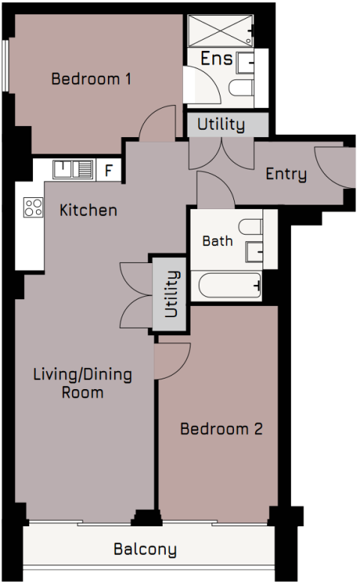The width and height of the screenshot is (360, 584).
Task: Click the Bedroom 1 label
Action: pos(91,78)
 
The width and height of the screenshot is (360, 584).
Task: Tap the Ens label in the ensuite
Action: pos(217,58)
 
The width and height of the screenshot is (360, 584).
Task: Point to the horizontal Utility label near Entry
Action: pos(220,124)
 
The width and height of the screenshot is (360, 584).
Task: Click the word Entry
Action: pos(286,175)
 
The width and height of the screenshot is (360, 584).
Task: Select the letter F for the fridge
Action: pos(109,170)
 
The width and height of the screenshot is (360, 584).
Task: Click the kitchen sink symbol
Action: pos(73,170)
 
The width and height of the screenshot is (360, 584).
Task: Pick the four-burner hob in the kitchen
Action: pos(33,206)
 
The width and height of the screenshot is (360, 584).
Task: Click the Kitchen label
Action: pos(88,210)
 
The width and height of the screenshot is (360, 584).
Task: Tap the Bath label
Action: pos(217,241)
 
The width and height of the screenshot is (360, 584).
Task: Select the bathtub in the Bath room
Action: pos(226,286)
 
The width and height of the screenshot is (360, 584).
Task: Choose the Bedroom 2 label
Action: pos(221,430)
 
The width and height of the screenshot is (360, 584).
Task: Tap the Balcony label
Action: pos(145,550)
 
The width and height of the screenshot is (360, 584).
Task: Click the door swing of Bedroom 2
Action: pos(171,361)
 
